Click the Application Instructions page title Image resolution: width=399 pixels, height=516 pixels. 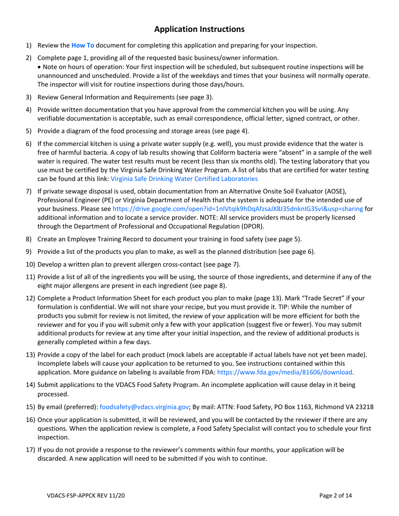pos(199,29)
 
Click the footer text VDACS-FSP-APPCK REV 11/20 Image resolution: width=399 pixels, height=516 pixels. pos(85,496)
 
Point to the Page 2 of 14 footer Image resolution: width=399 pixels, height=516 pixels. pos(336,496)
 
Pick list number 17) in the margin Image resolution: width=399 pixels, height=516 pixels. pos(31,450)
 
